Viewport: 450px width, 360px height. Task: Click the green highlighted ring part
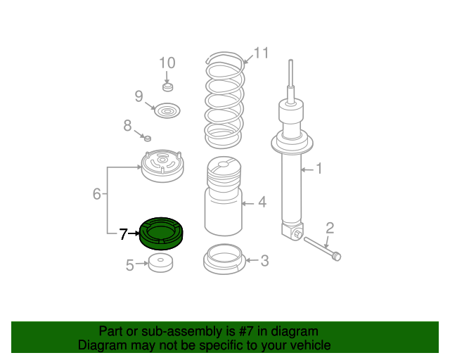(161, 240)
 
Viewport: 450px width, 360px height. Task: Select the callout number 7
(123, 234)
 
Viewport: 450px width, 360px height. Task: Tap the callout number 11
(261, 53)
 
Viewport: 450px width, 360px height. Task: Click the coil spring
(224, 100)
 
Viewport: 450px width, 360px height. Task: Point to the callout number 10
(167, 63)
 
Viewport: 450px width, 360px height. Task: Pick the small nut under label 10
(168, 87)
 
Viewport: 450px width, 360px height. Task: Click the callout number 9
(139, 96)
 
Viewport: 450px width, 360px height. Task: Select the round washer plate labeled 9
(167, 110)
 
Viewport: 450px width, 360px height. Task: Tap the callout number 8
(127, 125)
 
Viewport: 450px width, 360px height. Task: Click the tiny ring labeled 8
(148, 139)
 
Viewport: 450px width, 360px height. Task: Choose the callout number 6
(97, 194)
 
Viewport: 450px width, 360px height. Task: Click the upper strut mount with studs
(162, 166)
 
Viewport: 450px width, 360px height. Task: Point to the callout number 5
(129, 265)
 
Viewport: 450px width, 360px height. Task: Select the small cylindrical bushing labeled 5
(161, 263)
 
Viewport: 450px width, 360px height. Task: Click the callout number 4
(262, 202)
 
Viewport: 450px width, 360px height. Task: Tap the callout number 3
(264, 261)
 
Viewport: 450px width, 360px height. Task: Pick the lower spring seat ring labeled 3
(224, 259)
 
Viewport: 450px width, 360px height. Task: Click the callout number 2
(330, 228)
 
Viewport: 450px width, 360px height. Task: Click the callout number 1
(319, 169)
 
